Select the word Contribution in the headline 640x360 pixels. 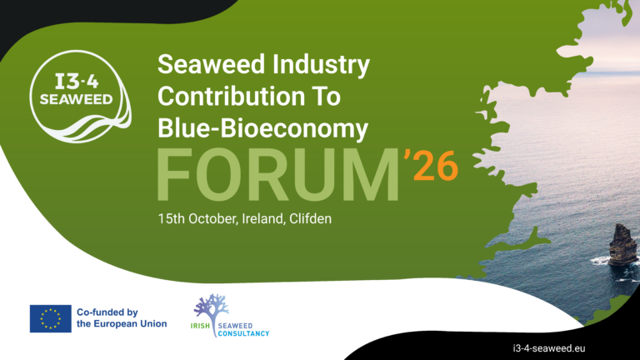click(232, 97)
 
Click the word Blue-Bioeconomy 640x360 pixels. click(262, 128)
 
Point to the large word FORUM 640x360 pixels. click(278, 175)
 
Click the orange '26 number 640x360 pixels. click(431, 165)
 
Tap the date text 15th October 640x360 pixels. click(197, 219)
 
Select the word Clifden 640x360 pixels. click(310, 219)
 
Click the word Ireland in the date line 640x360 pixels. click(262, 219)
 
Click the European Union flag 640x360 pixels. click(51, 318)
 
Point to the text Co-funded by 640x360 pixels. click(107, 312)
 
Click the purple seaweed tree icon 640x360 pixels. click(212, 310)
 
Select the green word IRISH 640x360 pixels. click(200, 326)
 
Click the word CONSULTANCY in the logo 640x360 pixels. click(243, 333)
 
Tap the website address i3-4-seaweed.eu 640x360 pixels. click(549, 348)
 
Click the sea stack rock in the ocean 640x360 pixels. click(622, 245)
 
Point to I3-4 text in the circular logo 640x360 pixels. click(77, 82)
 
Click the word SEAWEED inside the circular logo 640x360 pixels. click(77, 99)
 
